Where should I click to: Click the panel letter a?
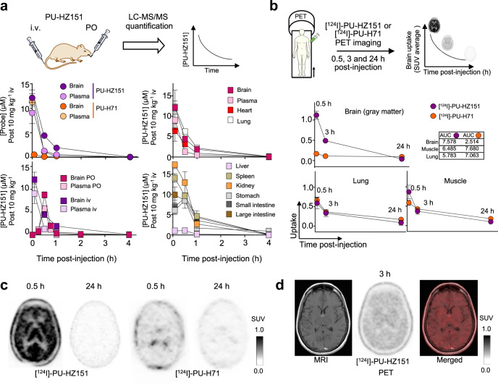(6, 7)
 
